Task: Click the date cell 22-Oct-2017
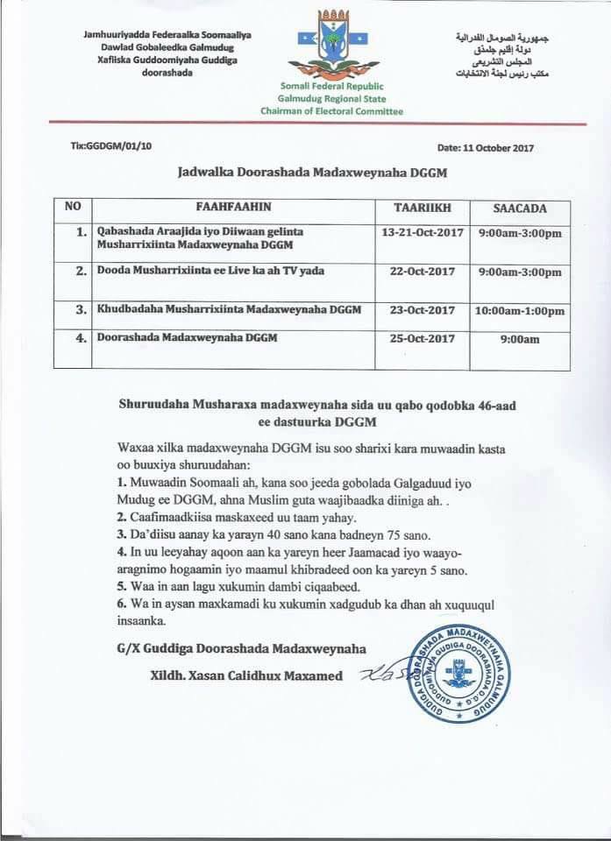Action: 422,272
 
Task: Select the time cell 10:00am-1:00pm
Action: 520,310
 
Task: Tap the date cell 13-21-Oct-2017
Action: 422,233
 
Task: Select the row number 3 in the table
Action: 81,310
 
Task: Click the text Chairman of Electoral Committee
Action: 331,113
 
